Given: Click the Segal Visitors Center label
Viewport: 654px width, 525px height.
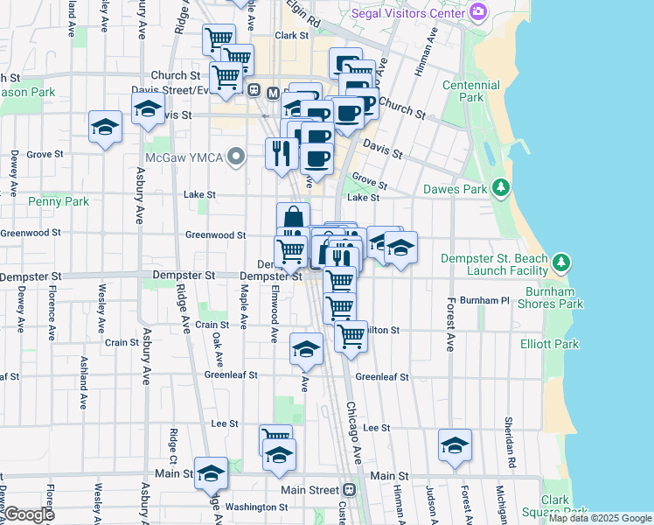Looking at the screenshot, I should point(407,13).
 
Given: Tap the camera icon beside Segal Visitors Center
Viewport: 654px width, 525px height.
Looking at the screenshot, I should point(477,12).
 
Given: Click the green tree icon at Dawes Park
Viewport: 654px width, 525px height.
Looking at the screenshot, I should point(500,188).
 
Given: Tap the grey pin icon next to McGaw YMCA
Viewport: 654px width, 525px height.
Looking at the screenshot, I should point(235,158).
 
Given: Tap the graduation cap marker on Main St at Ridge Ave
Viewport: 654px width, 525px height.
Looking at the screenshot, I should point(211,473).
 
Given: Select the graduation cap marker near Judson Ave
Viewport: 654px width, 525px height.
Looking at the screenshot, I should point(455,445).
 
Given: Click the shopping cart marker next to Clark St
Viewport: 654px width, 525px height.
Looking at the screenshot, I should point(218,38).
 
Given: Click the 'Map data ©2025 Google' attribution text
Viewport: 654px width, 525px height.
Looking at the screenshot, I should point(599,518).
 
